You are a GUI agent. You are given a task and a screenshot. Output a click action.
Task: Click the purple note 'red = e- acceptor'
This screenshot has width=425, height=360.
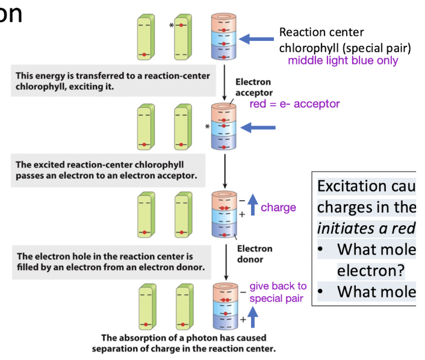click(294, 104)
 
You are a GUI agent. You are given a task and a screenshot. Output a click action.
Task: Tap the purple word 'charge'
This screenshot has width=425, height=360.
click(278, 207)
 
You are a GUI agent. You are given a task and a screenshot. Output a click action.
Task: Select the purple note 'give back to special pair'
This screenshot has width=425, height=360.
click(278, 292)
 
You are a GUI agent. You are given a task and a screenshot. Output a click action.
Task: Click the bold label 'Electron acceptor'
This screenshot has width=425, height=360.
click(253, 87)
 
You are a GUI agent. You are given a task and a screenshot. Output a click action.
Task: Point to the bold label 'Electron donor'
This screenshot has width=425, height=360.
click(253, 253)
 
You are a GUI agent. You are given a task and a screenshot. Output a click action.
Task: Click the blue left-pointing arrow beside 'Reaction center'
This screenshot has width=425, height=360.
click(255, 40)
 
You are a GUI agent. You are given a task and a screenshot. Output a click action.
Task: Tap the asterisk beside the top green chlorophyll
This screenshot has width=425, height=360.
click(172, 26)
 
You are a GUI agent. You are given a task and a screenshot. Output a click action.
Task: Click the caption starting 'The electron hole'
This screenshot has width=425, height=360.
click(105, 261)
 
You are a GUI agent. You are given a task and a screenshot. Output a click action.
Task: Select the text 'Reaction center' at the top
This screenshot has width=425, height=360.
click(321, 33)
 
